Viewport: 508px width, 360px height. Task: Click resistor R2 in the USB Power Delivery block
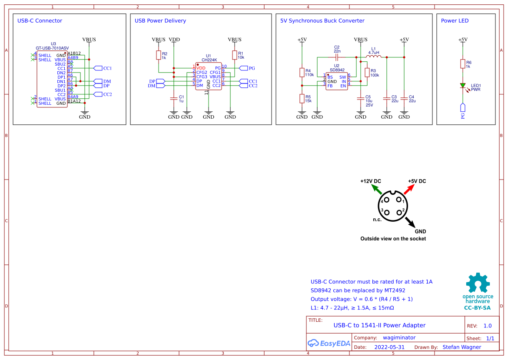coord(159,55)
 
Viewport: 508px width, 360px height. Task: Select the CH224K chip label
coord(209,60)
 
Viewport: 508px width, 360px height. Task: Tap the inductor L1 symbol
coord(374,57)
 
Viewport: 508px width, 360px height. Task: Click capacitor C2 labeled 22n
coord(337,57)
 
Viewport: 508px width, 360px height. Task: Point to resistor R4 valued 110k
coord(302,72)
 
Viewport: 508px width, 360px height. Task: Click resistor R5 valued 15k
coord(302,98)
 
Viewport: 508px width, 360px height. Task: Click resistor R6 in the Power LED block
coord(463,64)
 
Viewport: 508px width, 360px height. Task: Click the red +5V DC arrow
coord(409,189)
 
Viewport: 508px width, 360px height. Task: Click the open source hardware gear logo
coord(478,283)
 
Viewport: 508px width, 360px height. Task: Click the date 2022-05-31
coord(389,347)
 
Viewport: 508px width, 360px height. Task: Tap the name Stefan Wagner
coord(462,347)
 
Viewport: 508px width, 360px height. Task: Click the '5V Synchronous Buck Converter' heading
coord(322,20)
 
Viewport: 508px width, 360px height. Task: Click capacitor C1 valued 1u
coord(174,99)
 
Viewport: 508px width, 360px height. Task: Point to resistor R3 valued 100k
coord(367,72)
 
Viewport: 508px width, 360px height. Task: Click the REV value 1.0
coord(487,326)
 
